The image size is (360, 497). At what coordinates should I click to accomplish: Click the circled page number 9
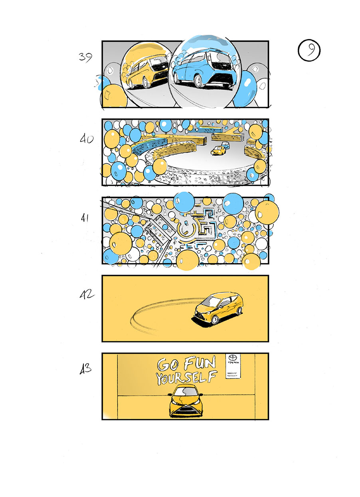click(309, 51)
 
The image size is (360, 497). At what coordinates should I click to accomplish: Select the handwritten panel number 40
click(86, 140)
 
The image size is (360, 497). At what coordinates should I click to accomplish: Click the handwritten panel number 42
click(87, 295)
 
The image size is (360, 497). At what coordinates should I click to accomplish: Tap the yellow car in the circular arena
click(218, 150)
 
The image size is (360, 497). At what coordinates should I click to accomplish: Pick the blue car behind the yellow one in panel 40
click(225, 145)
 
